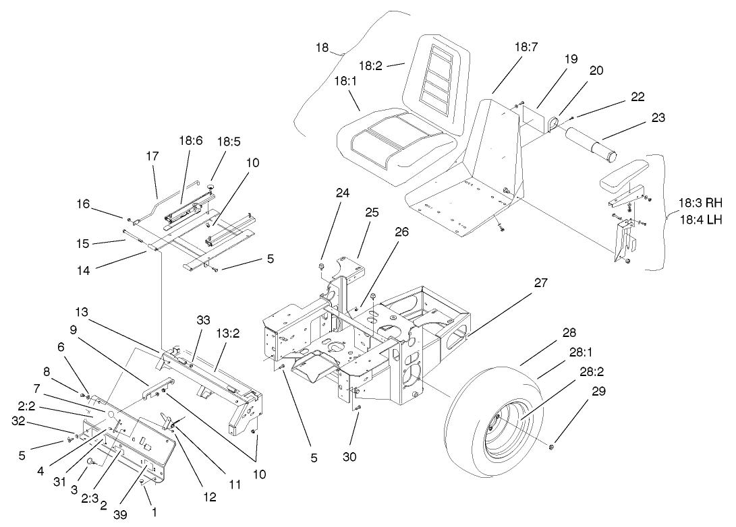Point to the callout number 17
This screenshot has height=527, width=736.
click(x=152, y=156)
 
